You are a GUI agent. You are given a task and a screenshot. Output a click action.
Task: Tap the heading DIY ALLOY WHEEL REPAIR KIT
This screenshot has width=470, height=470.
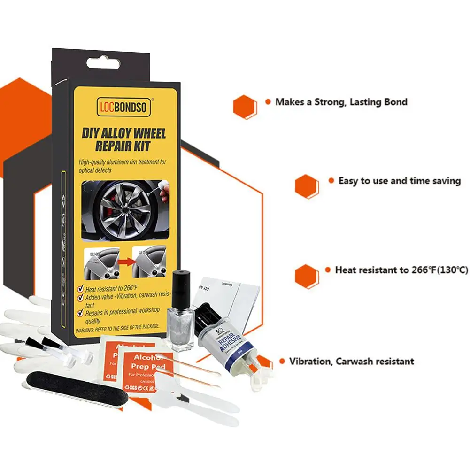point(123,139)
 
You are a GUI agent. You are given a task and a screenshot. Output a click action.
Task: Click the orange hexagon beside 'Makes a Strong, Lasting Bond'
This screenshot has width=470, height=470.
point(245,106)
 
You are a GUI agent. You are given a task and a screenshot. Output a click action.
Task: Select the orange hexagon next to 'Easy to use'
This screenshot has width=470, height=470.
point(307,186)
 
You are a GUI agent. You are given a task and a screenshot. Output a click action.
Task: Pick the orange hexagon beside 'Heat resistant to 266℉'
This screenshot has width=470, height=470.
point(307,276)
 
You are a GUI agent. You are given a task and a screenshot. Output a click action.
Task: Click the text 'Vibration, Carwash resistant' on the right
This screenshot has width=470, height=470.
point(351,361)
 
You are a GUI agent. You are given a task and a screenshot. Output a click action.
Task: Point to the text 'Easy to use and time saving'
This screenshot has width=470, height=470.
point(399,181)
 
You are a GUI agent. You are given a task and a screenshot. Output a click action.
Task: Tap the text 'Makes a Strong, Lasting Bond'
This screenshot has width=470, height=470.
point(341,101)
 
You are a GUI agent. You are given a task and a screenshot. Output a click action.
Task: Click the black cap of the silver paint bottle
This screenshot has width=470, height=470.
point(181,286)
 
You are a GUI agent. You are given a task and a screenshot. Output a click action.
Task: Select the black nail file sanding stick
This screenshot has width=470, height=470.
point(76,385)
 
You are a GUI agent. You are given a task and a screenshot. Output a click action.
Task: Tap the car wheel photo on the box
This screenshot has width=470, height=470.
point(124,209)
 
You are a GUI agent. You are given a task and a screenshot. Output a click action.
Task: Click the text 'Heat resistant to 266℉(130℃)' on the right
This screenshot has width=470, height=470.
point(401,270)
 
